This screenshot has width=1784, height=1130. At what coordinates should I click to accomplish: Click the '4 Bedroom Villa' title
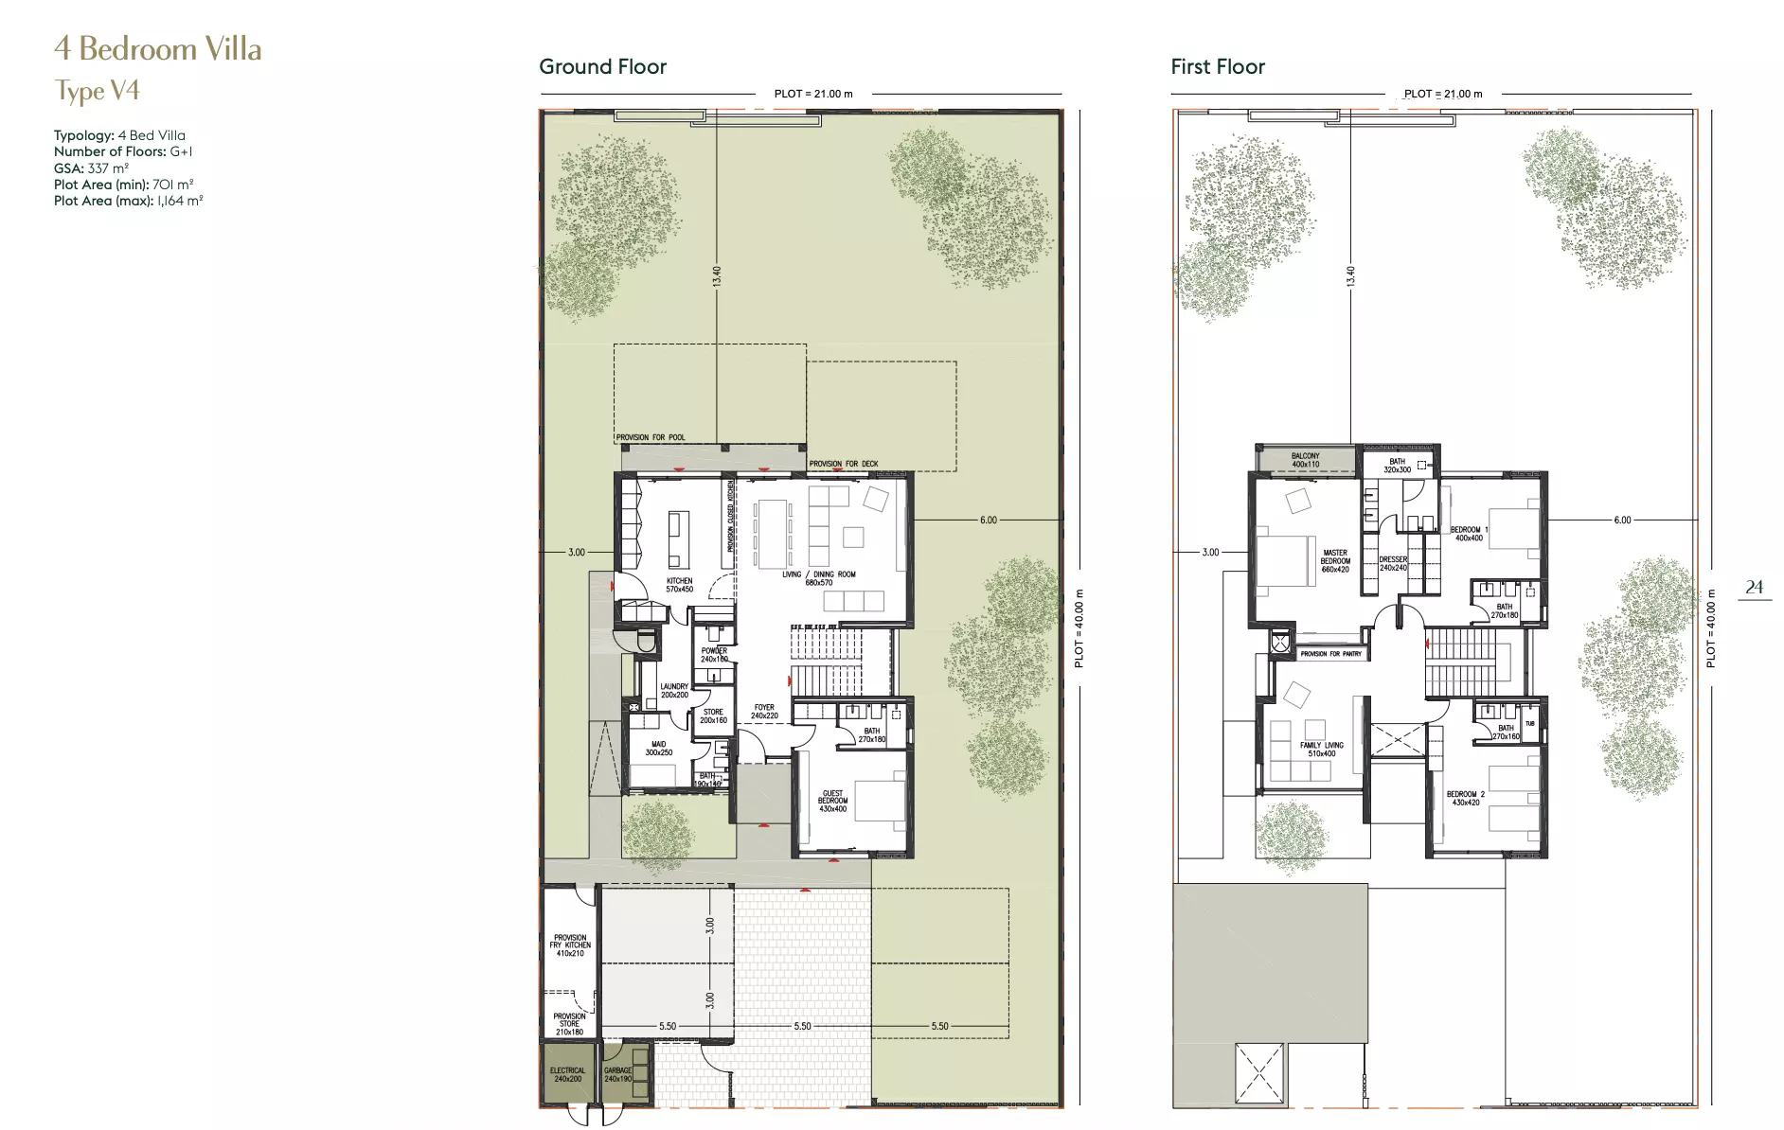point(158,49)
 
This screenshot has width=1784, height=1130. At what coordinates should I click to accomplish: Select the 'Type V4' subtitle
point(98,91)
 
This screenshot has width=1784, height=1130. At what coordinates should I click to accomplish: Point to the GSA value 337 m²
point(108,168)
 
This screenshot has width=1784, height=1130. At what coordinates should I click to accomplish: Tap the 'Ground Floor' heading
point(602,67)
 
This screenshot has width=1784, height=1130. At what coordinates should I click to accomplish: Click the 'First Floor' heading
point(1218,67)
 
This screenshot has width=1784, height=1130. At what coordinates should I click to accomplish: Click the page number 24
point(1754,588)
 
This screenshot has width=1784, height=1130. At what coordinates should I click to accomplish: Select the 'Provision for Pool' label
point(651,437)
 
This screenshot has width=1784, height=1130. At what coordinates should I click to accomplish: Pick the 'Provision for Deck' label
point(843,464)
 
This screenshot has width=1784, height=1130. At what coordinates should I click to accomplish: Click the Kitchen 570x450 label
point(679,585)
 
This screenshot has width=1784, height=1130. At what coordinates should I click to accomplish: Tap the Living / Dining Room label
point(819,578)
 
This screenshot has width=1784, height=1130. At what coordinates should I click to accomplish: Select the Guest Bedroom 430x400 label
point(832,801)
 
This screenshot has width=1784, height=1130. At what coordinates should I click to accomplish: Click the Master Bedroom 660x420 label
point(1335,560)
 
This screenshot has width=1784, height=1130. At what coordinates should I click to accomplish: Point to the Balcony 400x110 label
point(1305,460)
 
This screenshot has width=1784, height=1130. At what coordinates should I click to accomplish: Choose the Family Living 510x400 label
point(1321,750)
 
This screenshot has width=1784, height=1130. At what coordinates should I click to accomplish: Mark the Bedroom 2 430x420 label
point(1465,798)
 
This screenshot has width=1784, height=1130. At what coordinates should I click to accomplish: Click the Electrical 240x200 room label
point(568,1074)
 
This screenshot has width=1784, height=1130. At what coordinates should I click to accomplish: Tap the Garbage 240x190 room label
point(617,1074)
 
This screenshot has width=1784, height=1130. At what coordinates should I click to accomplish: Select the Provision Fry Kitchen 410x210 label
point(570,945)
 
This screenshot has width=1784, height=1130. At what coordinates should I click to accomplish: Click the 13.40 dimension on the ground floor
point(717,276)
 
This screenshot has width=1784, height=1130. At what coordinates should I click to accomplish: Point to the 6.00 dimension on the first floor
point(1622,520)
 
